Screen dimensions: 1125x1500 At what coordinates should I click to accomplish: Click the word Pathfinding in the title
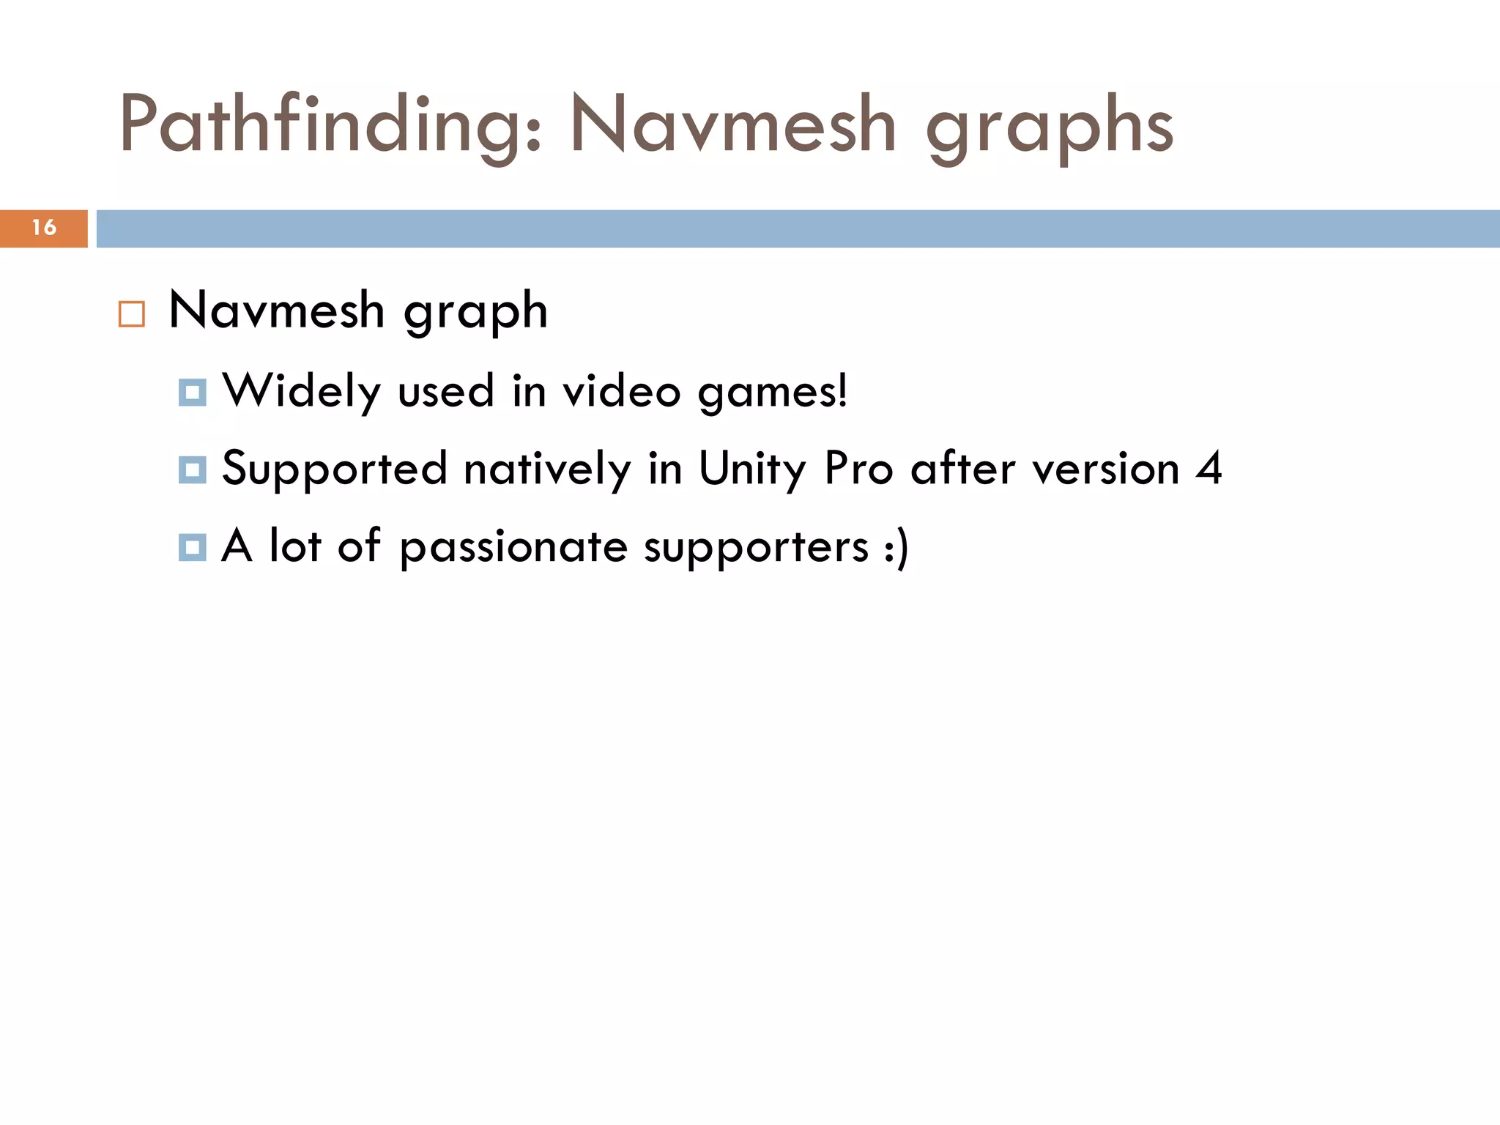pyautogui.click(x=330, y=126)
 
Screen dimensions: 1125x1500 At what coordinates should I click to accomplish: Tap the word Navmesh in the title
pyautogui.click(x=733, y=126)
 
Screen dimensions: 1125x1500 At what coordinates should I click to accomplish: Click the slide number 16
pyautogui.click(x=44, y=228)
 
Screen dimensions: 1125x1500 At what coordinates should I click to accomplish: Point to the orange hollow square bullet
pyautogui.click(x=132, y=313)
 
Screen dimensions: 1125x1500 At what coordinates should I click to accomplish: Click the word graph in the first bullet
pyautogui.click(x=475, y=311)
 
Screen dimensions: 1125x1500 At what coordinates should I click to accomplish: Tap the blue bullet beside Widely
pyautogui.click(x=192, y=393)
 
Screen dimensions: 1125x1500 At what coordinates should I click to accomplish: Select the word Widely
pyautogui.click(x=301, y=391)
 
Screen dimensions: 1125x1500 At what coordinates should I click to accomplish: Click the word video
pyautogui.click(x=622, y=390)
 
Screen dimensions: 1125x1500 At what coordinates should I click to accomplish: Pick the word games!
pyautogui.click(x=773, y=392)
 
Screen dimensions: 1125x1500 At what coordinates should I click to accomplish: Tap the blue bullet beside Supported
pyautogui.click(x=192, y=469)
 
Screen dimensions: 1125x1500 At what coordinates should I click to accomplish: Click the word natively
pyautogui.click(x=547, y=469)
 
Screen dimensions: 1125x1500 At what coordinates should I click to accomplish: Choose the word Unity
pyautogui.click(x=752, y=469)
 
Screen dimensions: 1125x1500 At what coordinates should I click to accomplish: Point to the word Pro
pyautogui.click(x=858, y=468)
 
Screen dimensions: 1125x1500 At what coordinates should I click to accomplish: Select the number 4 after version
pyautogui.click(x=1208, y=468)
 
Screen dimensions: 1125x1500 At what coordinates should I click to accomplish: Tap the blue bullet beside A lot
pyautogui.click(x=192, y=547)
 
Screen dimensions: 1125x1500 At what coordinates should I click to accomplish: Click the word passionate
pyautogui.click(x=513, y=547)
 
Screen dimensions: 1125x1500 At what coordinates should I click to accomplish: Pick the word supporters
pyautogui.click(x=756, y=547)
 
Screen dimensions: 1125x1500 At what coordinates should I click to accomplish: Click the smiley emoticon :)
pyautogui.click(x=896, y=547)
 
